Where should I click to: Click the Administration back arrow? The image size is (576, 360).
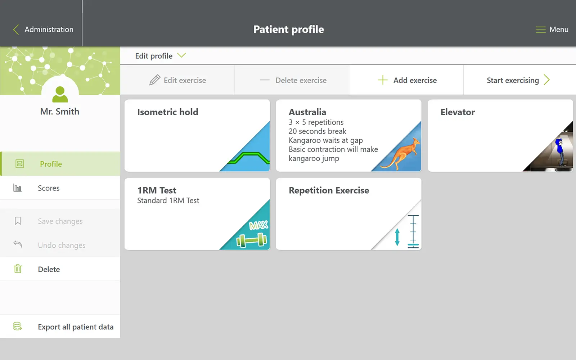click(x=16, y=30)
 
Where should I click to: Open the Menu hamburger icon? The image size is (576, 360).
click(x=540, y=30)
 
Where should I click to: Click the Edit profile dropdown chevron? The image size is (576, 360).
click(x=181, y=55)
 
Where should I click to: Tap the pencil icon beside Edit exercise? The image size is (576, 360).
click(x=155, y=80)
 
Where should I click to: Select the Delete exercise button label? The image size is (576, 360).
click(x=301, y=80)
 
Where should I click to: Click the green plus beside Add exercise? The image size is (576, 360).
click(x=383, y=80)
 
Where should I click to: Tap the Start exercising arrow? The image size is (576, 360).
click(x=547, y=80)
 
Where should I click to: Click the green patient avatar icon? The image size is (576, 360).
click(x=60, y=94)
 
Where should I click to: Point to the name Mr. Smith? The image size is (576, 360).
click(x=60, y=111)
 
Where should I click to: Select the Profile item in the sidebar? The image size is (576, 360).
click(x=51, y=164)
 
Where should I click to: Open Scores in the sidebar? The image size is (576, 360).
click(x=49, y=188)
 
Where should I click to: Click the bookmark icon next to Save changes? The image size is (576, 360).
click(x=18, y=221)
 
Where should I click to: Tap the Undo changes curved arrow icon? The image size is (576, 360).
click(x=18, y=244)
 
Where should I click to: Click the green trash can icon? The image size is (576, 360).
click(x=18, y=269)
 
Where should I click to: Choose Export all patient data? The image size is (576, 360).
click(x=76, y=327)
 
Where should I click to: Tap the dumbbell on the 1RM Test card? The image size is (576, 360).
click(x=252, y=240)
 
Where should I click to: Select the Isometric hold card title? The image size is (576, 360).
click(x=168, y=112)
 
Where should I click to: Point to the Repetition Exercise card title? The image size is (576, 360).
click(x=329, y=190)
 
